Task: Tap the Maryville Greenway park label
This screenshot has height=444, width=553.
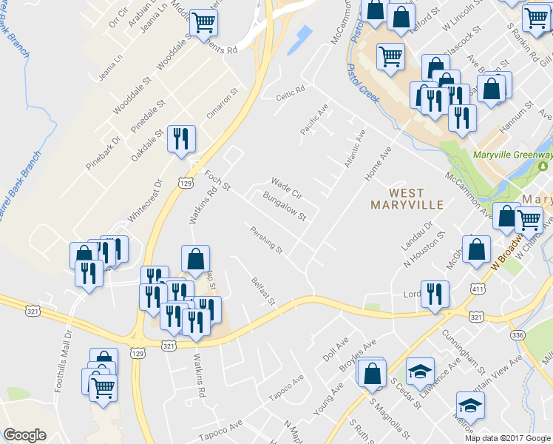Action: [512, 155]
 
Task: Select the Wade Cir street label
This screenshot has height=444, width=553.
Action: [287, 186]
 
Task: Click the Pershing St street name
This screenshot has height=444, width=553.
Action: [267, 240]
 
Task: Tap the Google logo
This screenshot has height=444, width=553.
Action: [25, 434]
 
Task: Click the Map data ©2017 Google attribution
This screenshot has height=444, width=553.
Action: [508, 438]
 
